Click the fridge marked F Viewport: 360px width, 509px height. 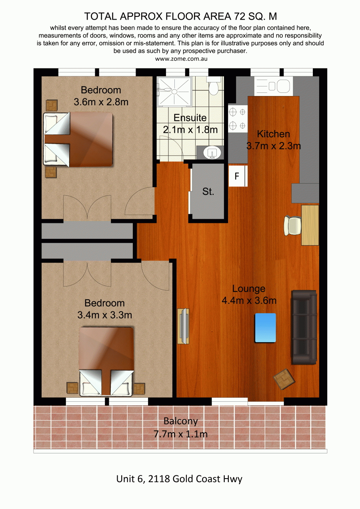(238, 176)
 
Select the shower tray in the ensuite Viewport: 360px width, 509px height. (174, 92)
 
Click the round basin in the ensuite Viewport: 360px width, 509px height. (212, 153)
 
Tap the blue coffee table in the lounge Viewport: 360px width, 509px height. (265, 328)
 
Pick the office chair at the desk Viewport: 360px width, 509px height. (292, 226)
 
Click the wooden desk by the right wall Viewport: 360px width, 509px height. (310, 225)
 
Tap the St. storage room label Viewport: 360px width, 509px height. (208, 192)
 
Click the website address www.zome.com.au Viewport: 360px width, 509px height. (181, 59)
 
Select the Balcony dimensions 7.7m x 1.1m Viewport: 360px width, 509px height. (180, 434)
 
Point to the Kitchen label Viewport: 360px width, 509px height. (274, 134)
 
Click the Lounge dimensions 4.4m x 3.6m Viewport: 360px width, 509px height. (249, 301)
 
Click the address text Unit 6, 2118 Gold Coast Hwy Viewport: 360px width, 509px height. (179, 479)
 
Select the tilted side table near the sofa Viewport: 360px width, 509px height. (284, 379)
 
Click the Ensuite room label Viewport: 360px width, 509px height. (190, 118)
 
